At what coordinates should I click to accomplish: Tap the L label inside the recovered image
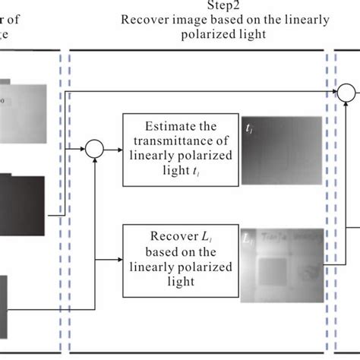(248, 238)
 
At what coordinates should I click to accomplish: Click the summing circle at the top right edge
(346, 93)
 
